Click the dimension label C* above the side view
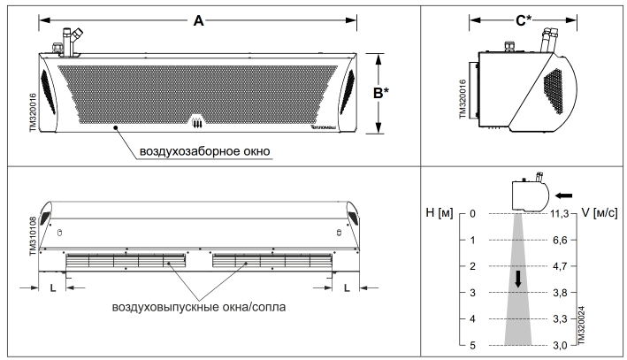pyautogui.click(x=523, y=19)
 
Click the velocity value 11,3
pyautogui.click(x=560, y=213)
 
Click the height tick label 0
pyautogui.click(x=473, y=213)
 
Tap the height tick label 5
pyautogui.click(x=473, y=344)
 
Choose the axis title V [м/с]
pyautogui.click(x=599, y=213)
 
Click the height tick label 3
pyautogui.click(x=473, y=292)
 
